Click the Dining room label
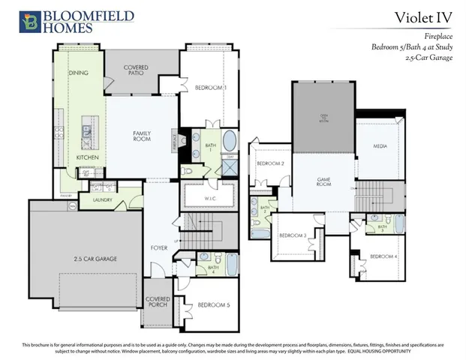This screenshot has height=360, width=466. point(79,73)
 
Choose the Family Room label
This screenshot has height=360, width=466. point(143,135)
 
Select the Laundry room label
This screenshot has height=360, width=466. point(102,200)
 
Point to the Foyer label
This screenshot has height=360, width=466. point(159,247)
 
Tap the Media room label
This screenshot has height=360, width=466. point(380,147)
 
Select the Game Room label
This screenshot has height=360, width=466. point(323,185)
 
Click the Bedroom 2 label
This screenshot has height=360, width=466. point(270,163)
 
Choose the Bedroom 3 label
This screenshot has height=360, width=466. point(293,235)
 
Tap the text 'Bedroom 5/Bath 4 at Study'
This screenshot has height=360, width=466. point(412,46)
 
